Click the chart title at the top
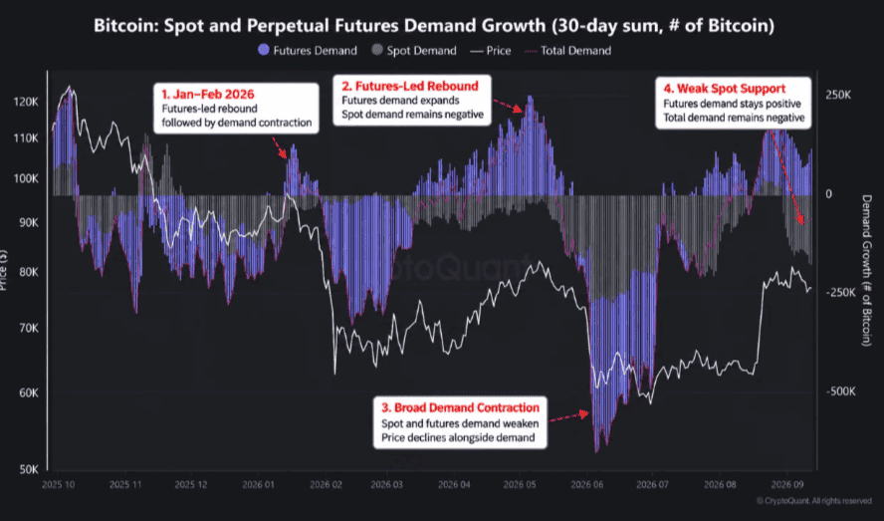434,25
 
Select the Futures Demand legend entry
308,50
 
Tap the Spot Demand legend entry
414,50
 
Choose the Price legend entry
491,51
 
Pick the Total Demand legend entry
567,51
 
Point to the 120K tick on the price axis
26,102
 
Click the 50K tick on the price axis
29,469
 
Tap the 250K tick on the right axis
838,95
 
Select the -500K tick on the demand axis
840,391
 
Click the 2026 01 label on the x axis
258,485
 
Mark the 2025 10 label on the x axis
58,485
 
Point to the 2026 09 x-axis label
785,485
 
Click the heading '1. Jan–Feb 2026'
208,95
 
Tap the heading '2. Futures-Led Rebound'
410,86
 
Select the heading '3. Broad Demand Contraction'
461,407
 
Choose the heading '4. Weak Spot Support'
725,89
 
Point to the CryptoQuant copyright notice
814,501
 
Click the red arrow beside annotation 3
569,417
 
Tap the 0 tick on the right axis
828,194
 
